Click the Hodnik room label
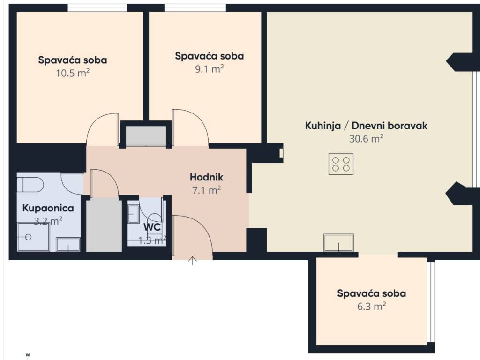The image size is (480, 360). coord(206,177)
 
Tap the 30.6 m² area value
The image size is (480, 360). coord(366,139)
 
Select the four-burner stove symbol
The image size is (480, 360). coord(341,165)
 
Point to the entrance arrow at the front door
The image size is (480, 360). coord(192,261)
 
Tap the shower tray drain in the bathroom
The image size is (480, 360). coord(29,237)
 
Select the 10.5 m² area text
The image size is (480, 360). coord(73,73)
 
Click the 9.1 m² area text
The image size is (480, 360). coord(210,69)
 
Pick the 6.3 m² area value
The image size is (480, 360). coord(371,306)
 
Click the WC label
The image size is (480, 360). coord(152,227)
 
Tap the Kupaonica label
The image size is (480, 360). coord(48,208)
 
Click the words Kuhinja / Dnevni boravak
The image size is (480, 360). coord(366,126)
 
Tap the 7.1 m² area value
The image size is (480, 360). coord(206,190)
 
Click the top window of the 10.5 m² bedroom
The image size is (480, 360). coord(97,8)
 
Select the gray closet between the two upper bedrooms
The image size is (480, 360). coord(146,135)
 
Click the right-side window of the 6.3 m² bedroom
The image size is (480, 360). coord(431,302)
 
